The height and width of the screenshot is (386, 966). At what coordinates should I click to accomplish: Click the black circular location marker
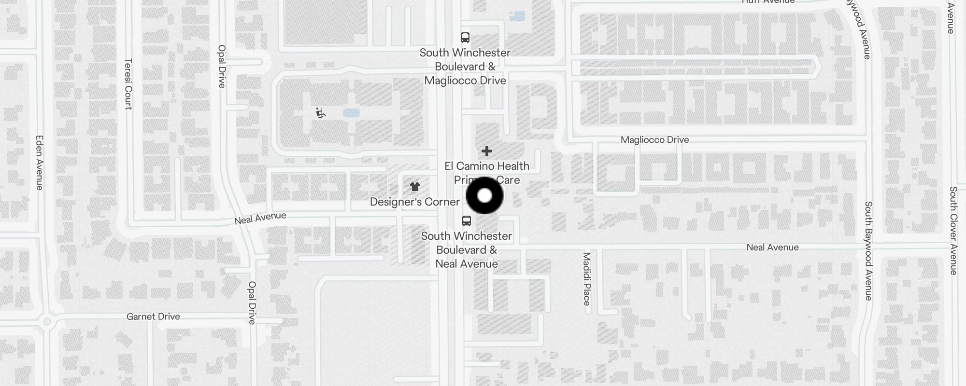point(484,195)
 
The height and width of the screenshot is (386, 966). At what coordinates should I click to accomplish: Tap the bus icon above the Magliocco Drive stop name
point(465,38)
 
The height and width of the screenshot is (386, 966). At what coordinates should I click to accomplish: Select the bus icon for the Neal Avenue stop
point(466,221)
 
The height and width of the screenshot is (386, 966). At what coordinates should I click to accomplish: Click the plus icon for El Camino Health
point(487,152)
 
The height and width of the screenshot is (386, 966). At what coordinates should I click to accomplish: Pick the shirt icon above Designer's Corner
point(414,187)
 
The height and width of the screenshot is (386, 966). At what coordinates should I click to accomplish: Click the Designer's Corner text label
point(414,202)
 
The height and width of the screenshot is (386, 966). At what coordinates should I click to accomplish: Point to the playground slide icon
point(320,113)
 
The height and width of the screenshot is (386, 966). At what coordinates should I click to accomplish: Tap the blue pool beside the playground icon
point(351,113)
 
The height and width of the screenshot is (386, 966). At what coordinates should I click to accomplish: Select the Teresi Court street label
point(128,84)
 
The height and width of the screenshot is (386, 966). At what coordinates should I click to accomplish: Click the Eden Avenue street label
point(40,162)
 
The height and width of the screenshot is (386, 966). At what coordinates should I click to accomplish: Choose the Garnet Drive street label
point(153,317)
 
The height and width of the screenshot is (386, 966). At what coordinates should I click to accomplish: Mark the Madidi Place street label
point(587,279)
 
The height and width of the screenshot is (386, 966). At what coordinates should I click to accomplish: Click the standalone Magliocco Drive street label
point(654,140)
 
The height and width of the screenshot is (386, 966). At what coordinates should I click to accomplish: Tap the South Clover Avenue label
point(953,231)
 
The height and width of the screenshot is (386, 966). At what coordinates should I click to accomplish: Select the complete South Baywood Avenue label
point(868,251)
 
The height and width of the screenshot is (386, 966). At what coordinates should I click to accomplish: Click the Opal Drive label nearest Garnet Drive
point(252,303)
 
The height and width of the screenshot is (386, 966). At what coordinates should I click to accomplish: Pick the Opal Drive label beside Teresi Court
point(222,66)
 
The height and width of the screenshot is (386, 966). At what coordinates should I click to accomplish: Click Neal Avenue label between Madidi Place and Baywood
point(772,248)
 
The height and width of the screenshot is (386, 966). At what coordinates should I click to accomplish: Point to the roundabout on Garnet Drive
point(47,321)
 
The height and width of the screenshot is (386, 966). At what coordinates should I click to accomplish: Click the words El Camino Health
point(487,166)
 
